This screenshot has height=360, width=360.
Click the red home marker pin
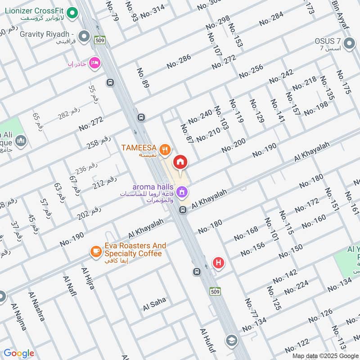click(180, 162)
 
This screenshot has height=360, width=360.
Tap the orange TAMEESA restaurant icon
click(166, 149)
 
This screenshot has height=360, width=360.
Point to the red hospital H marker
click(219, 262)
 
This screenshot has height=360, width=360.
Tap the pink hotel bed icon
click(94, 62)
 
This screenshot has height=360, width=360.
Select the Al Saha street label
click(154, 304)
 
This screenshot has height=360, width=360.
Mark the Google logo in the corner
click(19, 353)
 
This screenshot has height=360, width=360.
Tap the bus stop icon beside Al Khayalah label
click(183, 210)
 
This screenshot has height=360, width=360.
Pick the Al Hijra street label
click(88, 278)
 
